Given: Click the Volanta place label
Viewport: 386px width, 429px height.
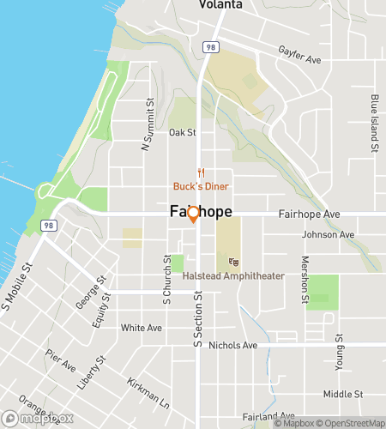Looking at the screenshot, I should pyautogui.click(x=219, y=5).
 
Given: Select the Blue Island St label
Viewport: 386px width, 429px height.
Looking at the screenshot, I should pyautogui.click(x=375, y=124).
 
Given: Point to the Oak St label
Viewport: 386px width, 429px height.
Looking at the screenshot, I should pyautogui.click(x=183, y=133).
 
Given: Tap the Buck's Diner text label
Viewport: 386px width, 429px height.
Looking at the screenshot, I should pyautogui.click(x=201, y=186).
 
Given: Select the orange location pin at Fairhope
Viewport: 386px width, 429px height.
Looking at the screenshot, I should pyautogui.click(x=194, y=214).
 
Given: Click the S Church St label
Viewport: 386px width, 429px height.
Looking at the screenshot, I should pyautogui.click(x=168, y=280).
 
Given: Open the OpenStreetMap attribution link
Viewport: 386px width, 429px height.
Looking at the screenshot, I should pyautogui.click(x=351, y=423).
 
